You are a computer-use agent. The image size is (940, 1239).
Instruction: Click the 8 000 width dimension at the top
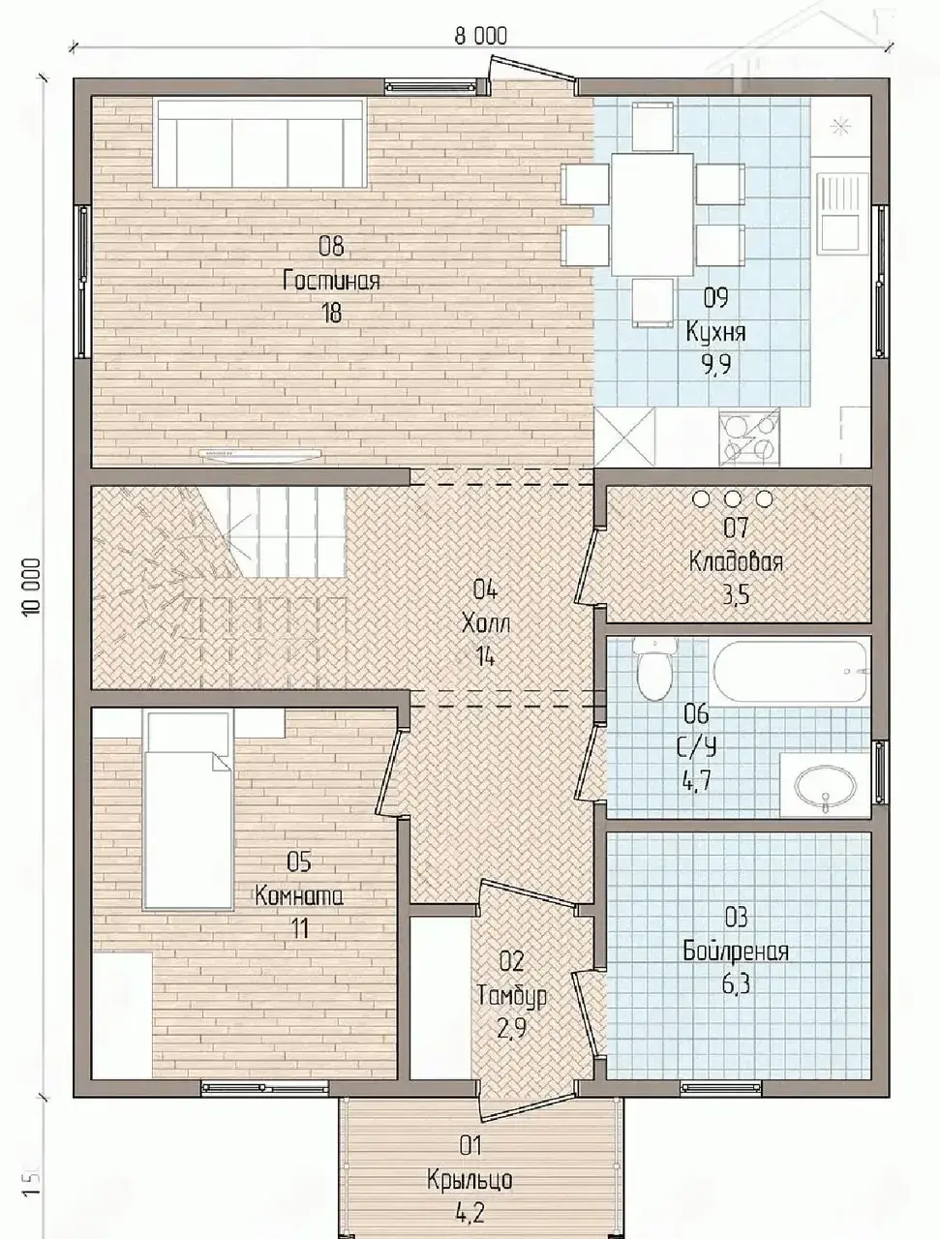point(480,36)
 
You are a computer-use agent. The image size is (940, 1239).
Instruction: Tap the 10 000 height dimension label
point(33,586)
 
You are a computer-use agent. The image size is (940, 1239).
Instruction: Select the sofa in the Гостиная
point(259,144)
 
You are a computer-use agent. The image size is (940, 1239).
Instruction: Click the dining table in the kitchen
point(652,215)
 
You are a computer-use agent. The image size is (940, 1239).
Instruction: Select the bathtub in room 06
point(789,672)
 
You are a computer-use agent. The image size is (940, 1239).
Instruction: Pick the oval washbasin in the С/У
point(825,786)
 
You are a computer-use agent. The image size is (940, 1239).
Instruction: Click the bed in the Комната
point(190,810)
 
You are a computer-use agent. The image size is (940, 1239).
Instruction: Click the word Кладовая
point(736,562)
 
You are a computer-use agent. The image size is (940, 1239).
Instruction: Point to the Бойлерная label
point(735,952)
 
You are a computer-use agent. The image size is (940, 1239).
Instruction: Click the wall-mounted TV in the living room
point(259,454)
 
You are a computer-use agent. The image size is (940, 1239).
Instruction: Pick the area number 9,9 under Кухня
point(715,365)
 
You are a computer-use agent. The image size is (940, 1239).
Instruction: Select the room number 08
point(331,246)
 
